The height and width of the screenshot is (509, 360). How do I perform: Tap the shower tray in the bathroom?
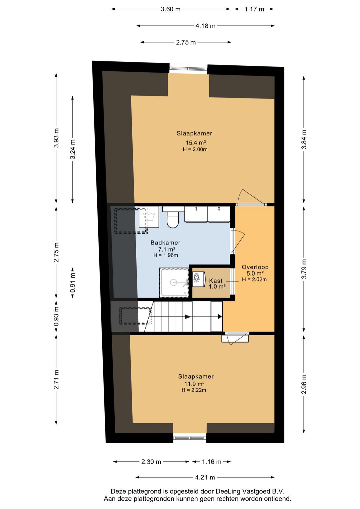pos(174,282)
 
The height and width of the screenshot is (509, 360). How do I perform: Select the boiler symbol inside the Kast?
pos(199,279)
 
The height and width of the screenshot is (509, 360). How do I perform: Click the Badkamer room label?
pos(165,243)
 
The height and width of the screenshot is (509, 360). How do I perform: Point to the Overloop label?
pos(255,267)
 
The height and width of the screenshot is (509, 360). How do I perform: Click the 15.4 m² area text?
pos(196,143)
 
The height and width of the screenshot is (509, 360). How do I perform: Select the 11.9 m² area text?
pos(194,384)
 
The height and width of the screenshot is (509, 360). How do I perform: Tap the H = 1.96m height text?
pos(166,256)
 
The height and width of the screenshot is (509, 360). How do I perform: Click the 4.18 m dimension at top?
pos(205,26)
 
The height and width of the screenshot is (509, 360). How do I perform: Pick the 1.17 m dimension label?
pos(254,9)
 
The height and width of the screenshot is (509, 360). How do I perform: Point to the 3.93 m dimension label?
pos(56,138)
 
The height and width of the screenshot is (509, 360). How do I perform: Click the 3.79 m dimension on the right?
pos(304,269)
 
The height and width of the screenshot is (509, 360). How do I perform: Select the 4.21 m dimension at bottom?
pos(205,477)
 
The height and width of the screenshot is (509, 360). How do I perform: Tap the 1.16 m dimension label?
pos(211,462)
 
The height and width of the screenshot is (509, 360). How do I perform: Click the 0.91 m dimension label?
pos(73,283)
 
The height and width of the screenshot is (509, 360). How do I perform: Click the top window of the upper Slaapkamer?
pos(188,69)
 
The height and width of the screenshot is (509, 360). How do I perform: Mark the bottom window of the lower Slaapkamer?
pos(190,438)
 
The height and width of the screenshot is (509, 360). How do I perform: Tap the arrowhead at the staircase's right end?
pos(220,317)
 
